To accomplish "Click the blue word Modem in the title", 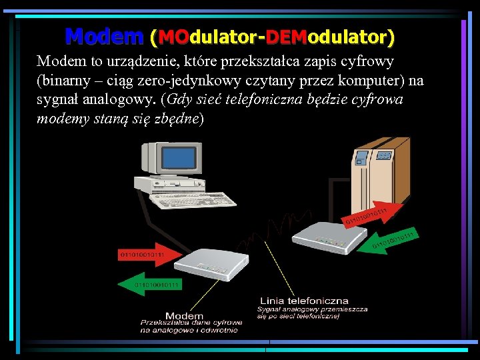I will coord(104,35).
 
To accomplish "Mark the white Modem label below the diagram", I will coord(184,315).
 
